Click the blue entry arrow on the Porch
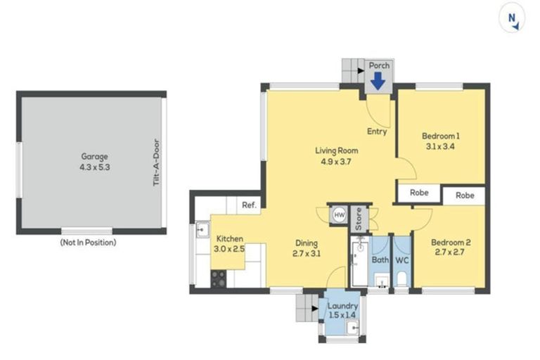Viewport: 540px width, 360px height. point(378,82)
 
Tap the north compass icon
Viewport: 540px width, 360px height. point(512,18)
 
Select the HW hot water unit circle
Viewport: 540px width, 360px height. point(339,215)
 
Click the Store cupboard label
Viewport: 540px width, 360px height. point(359,219)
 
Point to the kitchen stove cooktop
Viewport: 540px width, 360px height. point(219,278)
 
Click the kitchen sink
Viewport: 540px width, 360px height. point(202,229)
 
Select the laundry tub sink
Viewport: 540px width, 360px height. point(353,328)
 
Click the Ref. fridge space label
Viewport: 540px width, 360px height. point(250,205)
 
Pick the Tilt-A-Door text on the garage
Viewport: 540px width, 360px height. point(157,162)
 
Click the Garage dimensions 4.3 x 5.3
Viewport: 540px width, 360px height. point(95,167)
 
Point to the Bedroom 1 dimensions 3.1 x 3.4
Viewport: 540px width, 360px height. point(440,146)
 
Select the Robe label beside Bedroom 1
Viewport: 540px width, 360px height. point(419,193)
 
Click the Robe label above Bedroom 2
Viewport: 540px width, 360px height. point(465,195)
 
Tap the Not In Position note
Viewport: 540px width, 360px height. point(88,243)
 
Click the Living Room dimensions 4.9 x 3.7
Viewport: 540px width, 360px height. point(336,162)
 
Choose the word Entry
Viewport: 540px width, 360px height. point(377,131)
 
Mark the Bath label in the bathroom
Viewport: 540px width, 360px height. point(380,259)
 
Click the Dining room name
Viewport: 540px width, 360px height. point(307,243)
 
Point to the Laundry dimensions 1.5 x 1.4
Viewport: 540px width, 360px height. point(342,315)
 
